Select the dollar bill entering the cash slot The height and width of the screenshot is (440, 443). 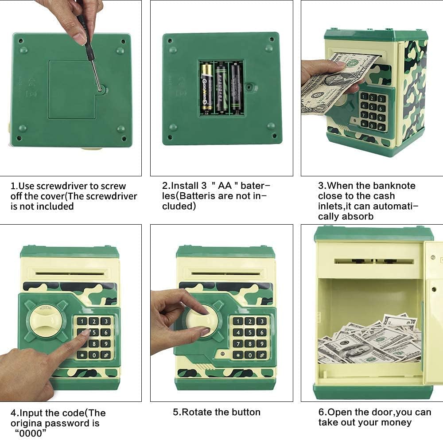336,83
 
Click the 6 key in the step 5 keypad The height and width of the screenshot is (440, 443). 262,333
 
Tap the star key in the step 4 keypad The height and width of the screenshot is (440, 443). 82,355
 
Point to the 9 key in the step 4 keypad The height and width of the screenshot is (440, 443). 106,344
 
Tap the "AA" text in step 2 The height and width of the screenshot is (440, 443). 225,186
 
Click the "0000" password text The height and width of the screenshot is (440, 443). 31,433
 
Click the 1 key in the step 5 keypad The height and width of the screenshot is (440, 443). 238,321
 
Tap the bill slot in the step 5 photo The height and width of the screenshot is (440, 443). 226,273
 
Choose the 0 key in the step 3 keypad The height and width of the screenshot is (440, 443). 373,126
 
